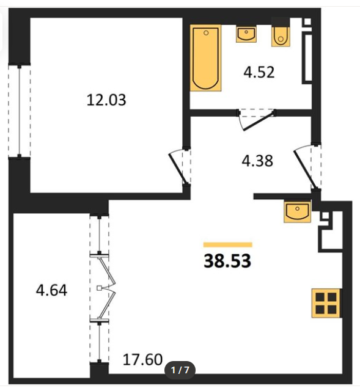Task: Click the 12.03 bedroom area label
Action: coord(106,100)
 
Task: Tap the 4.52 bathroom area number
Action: coord(259,72)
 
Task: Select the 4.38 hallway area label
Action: coord(257,161)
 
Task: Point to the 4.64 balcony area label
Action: coord(51,291)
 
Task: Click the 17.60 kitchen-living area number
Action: coord(142,360)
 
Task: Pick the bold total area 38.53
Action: coord(227,261)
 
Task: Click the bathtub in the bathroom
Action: coord(206,58)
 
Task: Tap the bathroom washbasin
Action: coord(246,35)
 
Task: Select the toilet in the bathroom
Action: coord(281,35)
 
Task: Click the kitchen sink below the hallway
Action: coord(298,211)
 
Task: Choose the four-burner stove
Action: coord(326,303)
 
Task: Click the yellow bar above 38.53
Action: coord(228,244)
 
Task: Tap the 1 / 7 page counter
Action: coord(180,370)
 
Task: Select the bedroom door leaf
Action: coord(178,169)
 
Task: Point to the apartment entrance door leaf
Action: coord(304,169)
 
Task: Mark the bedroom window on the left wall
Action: coord(19,111)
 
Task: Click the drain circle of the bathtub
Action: coord(206,33)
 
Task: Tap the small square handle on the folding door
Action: coord(99,288)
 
